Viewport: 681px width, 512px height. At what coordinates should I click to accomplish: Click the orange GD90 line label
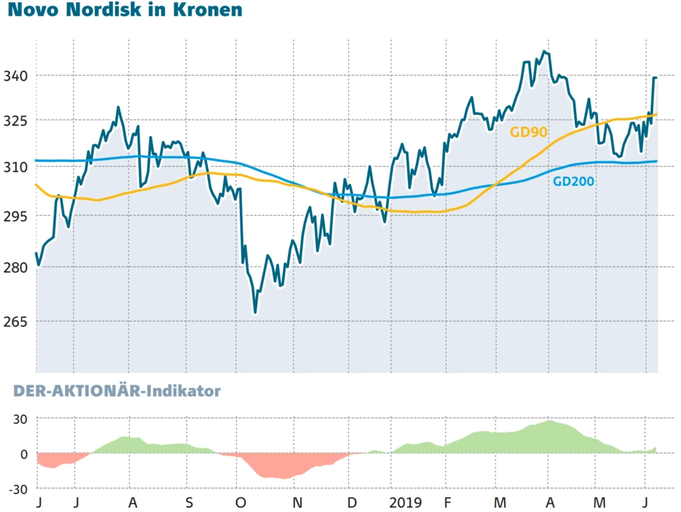(x=529, y=132)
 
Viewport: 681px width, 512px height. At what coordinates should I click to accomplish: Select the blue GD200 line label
(x=573, y=181)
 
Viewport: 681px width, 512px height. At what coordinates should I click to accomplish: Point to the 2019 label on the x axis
(x=406, y=503)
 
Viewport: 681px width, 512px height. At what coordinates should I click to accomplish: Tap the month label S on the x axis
(x=189, y=503)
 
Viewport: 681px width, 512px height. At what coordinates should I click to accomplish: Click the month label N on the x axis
(x=297, y=503)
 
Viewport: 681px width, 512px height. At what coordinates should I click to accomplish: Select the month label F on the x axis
(x=445, y=503)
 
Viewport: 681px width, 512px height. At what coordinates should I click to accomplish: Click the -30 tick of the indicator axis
(x=16, y=489)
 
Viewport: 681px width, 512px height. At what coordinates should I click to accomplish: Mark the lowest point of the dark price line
(x=255, y=313)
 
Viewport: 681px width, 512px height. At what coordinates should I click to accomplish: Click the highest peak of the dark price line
(x=543, y=51)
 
